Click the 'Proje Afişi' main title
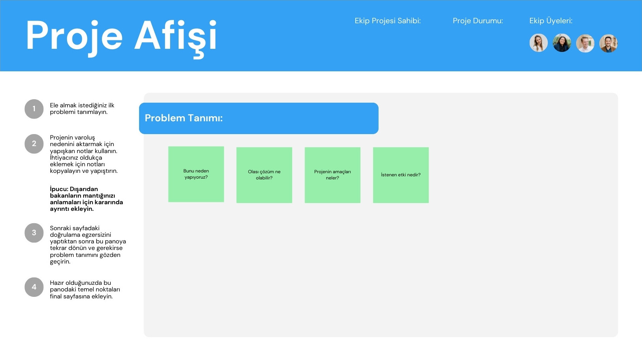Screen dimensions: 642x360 tap(121, 37)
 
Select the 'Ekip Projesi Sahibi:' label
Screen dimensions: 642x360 tap(387, 21)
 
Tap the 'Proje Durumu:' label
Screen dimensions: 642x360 tap(478, 21)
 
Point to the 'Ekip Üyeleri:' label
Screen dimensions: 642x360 tap(551, 21)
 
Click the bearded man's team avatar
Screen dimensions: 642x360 tap(608, 43)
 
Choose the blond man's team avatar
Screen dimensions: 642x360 tap(585, 43)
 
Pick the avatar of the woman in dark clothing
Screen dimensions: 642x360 tap(562, 43)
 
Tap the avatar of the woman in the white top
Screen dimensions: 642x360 tap(539, 43)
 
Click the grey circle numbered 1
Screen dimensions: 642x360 tap(34, 109)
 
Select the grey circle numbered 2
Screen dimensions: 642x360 tap(34, 144)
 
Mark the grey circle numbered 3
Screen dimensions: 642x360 tap(34, 233)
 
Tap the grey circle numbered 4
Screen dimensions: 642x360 tap(34, 287)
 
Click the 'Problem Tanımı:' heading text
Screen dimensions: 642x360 tap(183, 118)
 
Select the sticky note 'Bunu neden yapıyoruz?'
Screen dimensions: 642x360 tap(196, 174)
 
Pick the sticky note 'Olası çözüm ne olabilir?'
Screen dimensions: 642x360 tap(264, 175)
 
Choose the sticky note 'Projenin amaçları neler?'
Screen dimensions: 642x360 tap(332, 175)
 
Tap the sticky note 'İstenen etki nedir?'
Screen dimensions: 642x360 tap(401, 175)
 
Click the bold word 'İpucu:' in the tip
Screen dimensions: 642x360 tap(59, 189)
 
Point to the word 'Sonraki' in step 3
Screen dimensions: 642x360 tap(60, 228)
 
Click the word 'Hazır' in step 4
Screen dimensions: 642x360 tap(57, 283)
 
